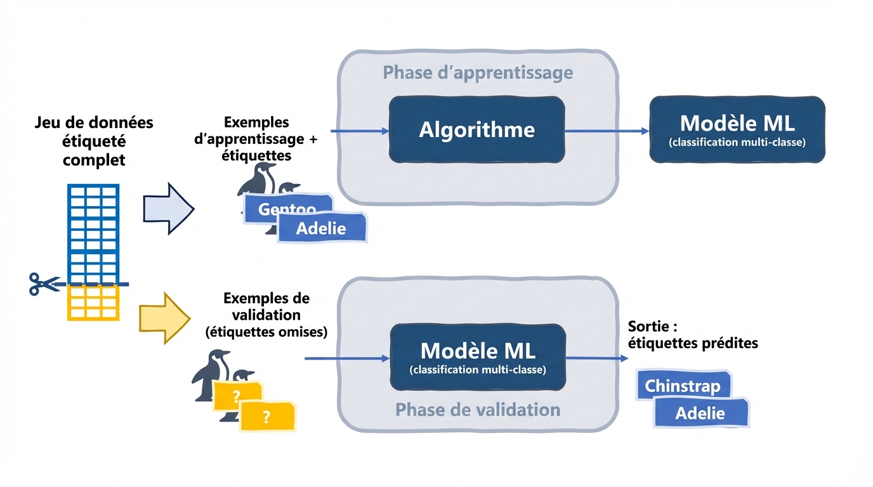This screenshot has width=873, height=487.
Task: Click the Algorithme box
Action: click(476, 130)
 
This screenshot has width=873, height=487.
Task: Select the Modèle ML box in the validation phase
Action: click(477, 356)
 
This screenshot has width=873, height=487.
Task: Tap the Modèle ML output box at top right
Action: click(737, 130)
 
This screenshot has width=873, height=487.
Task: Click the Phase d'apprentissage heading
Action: click(478, 73)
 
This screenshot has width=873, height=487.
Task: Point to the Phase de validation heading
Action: click(478, 410)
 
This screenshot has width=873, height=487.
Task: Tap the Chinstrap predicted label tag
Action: click(683, 386)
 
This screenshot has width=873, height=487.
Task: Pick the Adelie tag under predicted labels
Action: click(700, 413)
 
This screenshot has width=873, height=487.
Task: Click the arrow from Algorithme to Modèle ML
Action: click(607, 131)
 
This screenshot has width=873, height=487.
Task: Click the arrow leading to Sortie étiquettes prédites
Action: click(596, 358)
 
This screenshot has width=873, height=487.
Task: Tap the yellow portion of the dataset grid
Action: click(93, 303)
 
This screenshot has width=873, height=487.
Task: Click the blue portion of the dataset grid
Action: click(93, 232)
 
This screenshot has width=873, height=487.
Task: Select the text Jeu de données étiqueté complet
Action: click(94, 141)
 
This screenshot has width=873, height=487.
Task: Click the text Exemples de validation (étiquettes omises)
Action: click(266, 315)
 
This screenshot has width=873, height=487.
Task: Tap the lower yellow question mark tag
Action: click(266, 417)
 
